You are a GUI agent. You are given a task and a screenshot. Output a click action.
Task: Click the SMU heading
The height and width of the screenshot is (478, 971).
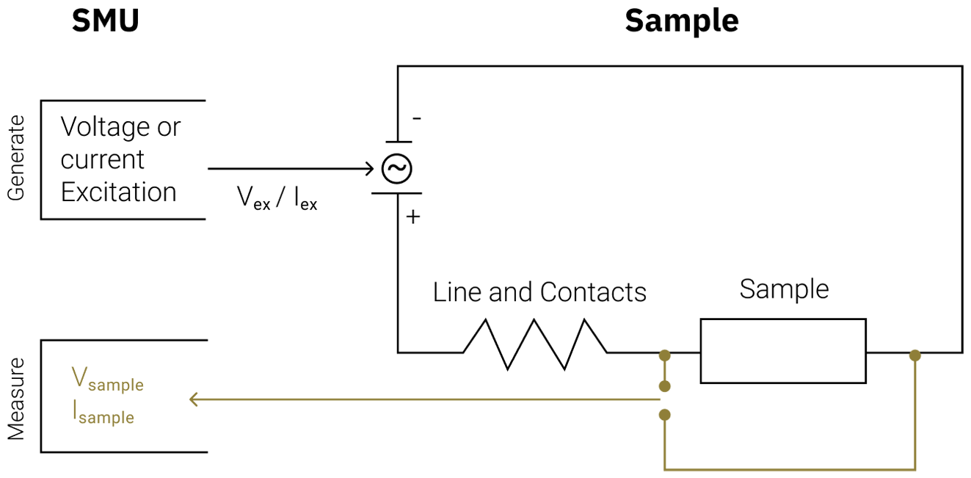point(105,21)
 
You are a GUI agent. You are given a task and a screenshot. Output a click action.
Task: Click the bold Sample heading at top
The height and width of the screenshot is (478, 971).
point(681,21)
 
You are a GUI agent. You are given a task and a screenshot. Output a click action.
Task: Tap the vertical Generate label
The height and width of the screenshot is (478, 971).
point(15,158)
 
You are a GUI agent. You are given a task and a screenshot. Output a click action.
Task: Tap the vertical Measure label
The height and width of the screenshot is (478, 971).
point(15,399)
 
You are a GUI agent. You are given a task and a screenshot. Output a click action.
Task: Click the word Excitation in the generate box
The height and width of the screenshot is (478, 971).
point(118,192)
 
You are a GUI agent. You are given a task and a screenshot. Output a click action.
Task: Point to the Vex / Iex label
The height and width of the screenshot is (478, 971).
point(277,198)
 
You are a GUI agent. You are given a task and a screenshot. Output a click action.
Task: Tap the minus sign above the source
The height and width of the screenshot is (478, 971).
point(416,118)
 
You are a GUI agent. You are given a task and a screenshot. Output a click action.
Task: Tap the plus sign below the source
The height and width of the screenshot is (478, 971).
point(413,217)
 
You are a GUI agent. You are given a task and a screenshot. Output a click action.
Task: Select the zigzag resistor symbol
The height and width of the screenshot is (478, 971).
point(535,344)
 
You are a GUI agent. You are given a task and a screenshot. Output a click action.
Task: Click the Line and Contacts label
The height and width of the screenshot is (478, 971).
point(539,292)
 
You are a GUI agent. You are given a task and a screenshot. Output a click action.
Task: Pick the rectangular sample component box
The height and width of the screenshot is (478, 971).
point(783,351)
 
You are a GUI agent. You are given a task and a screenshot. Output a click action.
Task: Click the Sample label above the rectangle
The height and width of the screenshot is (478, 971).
point(784,289)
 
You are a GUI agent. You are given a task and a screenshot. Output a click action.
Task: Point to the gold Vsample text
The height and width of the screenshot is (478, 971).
point(107,380)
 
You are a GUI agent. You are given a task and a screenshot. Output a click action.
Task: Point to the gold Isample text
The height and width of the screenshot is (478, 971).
point(103,413)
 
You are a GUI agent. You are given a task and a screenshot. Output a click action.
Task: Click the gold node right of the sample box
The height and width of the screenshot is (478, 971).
point(914,355)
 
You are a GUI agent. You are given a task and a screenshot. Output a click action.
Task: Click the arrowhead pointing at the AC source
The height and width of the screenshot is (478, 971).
point(369,169)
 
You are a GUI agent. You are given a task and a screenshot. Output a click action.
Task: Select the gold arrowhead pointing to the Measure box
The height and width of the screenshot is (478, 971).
point(194,399)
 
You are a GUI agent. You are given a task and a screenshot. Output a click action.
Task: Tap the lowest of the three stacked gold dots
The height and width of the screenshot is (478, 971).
point(664,415)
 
